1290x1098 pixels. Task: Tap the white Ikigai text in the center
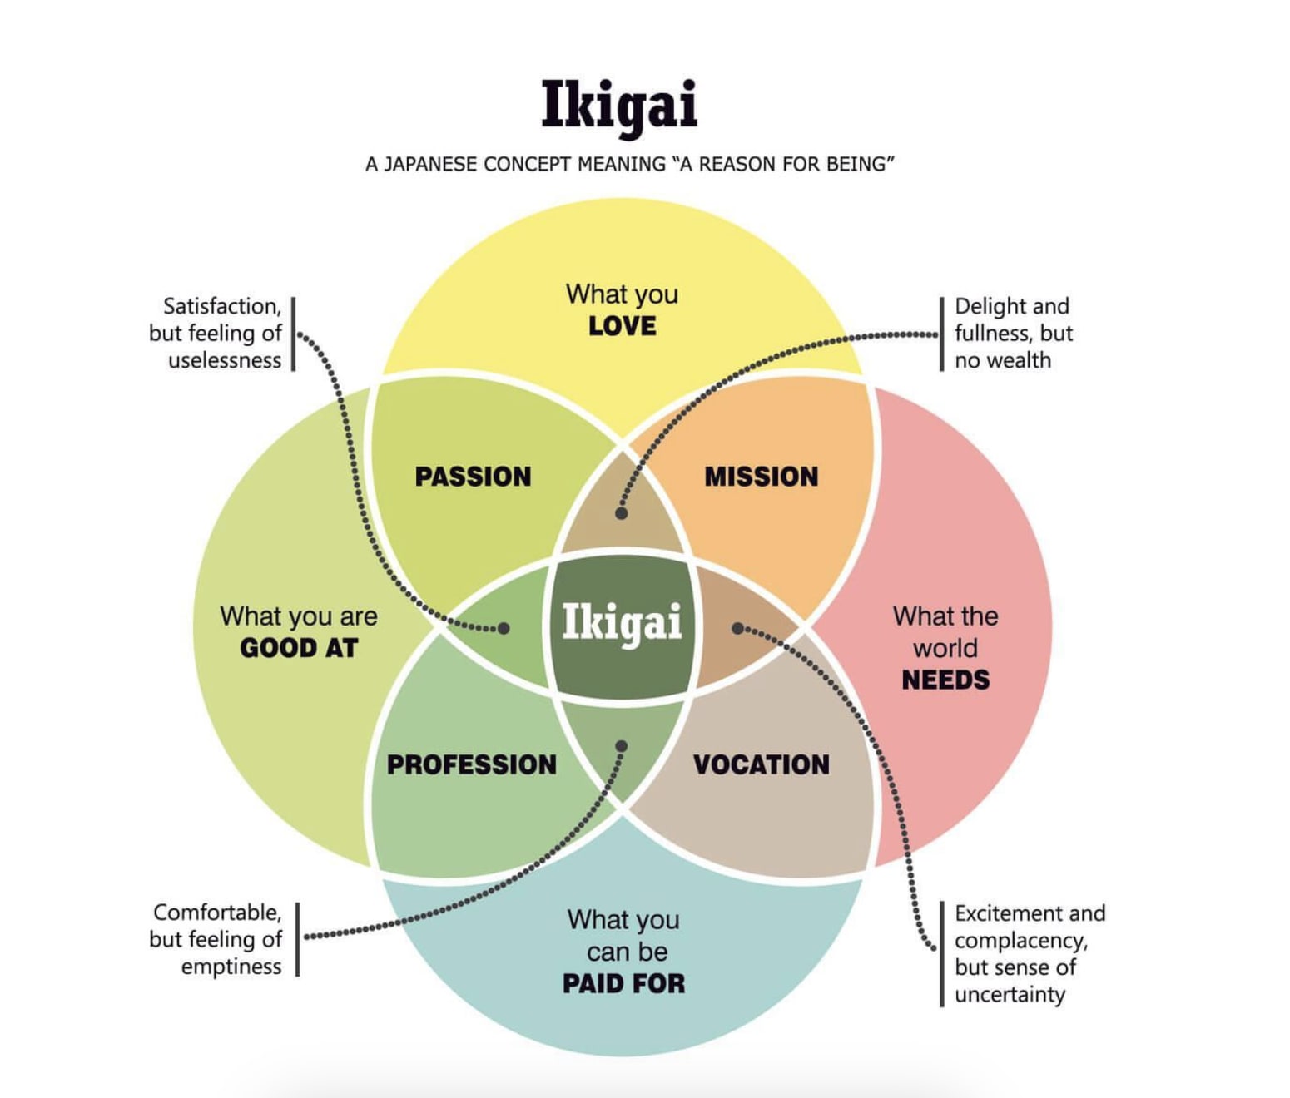(x=622, y=622)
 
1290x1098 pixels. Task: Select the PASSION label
(x=473, y=477)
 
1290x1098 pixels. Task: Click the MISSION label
(x=762, y=477)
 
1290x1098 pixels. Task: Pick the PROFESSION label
(x=472, y=764)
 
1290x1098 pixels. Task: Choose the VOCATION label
(x=762, y=764)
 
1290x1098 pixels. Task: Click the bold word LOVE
(x=623, y=326)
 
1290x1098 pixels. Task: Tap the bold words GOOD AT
(x=299, y=648)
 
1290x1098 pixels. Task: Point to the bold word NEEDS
(x=945, y=680)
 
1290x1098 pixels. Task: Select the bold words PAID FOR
(x=623, y=984)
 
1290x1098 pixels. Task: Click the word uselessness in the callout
(x=225, y=360)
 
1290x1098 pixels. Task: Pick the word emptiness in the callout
(x=231, y=967)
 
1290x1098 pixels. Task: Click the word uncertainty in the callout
(x=1010, y=995)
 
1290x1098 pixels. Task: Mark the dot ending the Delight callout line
(x=621, y=513)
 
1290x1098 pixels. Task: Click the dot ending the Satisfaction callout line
(x=504, y=628)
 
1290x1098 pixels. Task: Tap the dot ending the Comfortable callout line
(x=621, y=746)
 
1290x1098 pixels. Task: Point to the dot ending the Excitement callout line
(x=737, y=628)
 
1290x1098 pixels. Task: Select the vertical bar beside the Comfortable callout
(x=297, y=939)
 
